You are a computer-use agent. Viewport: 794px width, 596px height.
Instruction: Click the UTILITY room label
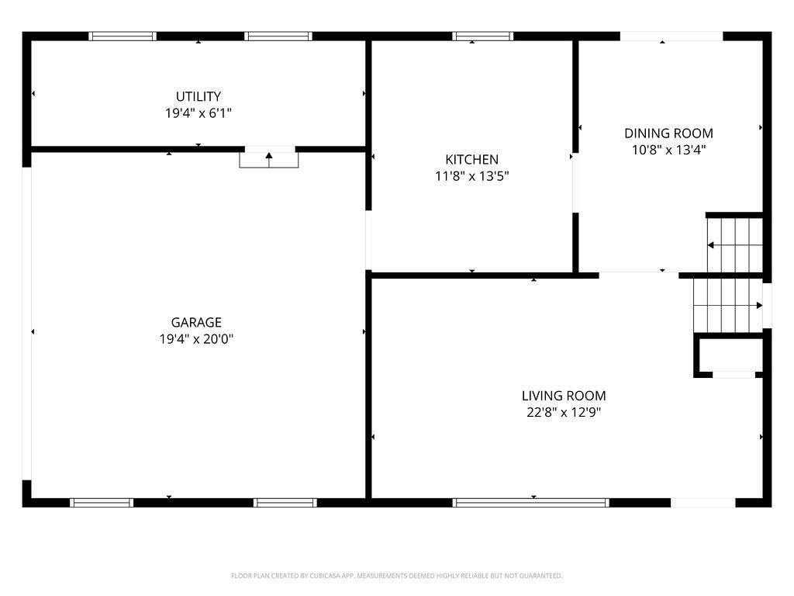[x=198, y=96]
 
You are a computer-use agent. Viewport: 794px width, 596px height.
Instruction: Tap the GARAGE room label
[x=196, y=322]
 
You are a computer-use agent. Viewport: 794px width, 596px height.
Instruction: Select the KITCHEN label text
[x=472, y=160]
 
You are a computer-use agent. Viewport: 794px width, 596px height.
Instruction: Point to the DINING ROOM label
[x=668, y=133]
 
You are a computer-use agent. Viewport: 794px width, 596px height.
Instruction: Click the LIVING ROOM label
[x=564, y=396]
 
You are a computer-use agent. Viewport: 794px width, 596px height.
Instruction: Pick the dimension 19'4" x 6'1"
[x=198, y=113]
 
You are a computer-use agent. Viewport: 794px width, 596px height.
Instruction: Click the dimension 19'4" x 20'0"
[x=196, y=339]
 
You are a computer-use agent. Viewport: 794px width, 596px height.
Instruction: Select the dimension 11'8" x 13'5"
[x=472, y=176]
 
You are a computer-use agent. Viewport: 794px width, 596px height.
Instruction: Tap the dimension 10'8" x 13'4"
[x=668, y=150]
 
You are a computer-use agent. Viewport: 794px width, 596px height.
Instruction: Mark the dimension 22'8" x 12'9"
[x=564, y=413]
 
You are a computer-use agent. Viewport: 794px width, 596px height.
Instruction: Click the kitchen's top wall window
[x=482, y=36]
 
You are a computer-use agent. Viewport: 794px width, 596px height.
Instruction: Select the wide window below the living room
[x=531, y=503]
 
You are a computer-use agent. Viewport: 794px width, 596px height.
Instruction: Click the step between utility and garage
[x=269, y=160]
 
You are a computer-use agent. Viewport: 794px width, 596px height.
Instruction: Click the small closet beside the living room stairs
[x=730, y=355]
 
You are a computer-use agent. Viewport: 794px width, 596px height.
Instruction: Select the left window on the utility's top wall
[x=123, y=36]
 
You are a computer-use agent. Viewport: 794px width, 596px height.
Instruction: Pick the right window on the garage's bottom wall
[x=285, y=503]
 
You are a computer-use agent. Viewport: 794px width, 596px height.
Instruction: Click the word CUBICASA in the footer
[x=325, y=576]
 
